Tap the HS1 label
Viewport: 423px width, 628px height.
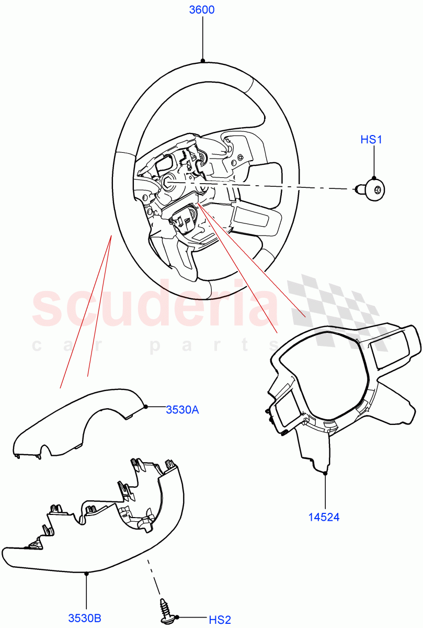coord(372,140)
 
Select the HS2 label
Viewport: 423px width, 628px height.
coord(220,620)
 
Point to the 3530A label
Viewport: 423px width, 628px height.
coord(182,410)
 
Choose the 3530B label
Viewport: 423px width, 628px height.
coord(85,618)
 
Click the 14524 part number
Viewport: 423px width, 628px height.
coord(324,518)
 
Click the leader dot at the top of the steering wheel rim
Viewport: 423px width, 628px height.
coord(202,60)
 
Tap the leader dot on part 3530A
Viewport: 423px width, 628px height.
coord(145,406)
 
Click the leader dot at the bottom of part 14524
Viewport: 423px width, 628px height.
coord(325,473)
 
